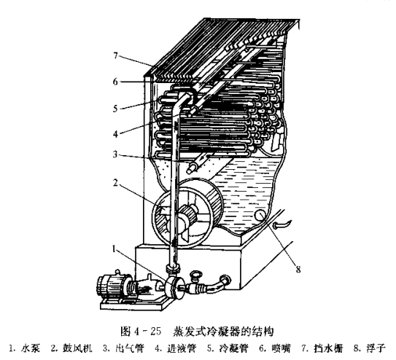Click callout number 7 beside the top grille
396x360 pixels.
coord(116,55)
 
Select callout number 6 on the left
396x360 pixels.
coord(115,82)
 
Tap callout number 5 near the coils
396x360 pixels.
coord(115,109)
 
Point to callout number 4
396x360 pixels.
coord(115,134)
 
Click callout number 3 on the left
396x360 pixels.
coord(115,154)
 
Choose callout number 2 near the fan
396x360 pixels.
coord(115,183)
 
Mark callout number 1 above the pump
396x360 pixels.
coord(114,249)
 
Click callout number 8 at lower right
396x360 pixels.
coord(298,270)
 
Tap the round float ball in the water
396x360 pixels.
coord(260,216)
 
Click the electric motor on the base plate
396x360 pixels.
coord(111,285)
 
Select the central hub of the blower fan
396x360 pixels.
coord(187,216)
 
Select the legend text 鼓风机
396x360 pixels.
coord(77,348)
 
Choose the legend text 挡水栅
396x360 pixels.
coord(329,348)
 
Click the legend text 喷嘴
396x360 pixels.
coord(281,348)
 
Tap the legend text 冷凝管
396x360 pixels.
coord(234,348)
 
